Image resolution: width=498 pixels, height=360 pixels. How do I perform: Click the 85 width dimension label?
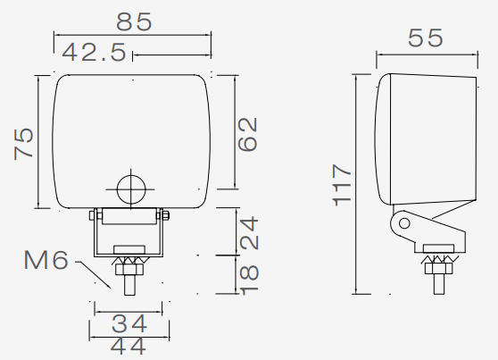132,20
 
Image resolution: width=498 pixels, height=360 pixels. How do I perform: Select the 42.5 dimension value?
95,54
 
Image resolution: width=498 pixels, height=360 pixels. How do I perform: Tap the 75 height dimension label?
24,143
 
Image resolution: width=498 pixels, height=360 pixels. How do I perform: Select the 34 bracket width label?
129,322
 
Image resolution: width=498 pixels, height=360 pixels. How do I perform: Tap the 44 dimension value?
129,346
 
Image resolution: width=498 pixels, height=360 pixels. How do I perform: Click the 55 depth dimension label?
427,38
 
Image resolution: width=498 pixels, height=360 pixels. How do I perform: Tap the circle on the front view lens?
130,188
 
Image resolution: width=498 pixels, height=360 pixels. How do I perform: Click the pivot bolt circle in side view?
403,223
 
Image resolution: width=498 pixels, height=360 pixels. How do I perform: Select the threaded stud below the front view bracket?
130,279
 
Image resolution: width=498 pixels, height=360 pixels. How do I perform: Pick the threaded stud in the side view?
438,278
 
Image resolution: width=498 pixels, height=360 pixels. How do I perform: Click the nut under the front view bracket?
130,263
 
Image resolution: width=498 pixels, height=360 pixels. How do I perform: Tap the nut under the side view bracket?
438,262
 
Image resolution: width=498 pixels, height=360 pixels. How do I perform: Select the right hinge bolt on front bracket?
165,214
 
